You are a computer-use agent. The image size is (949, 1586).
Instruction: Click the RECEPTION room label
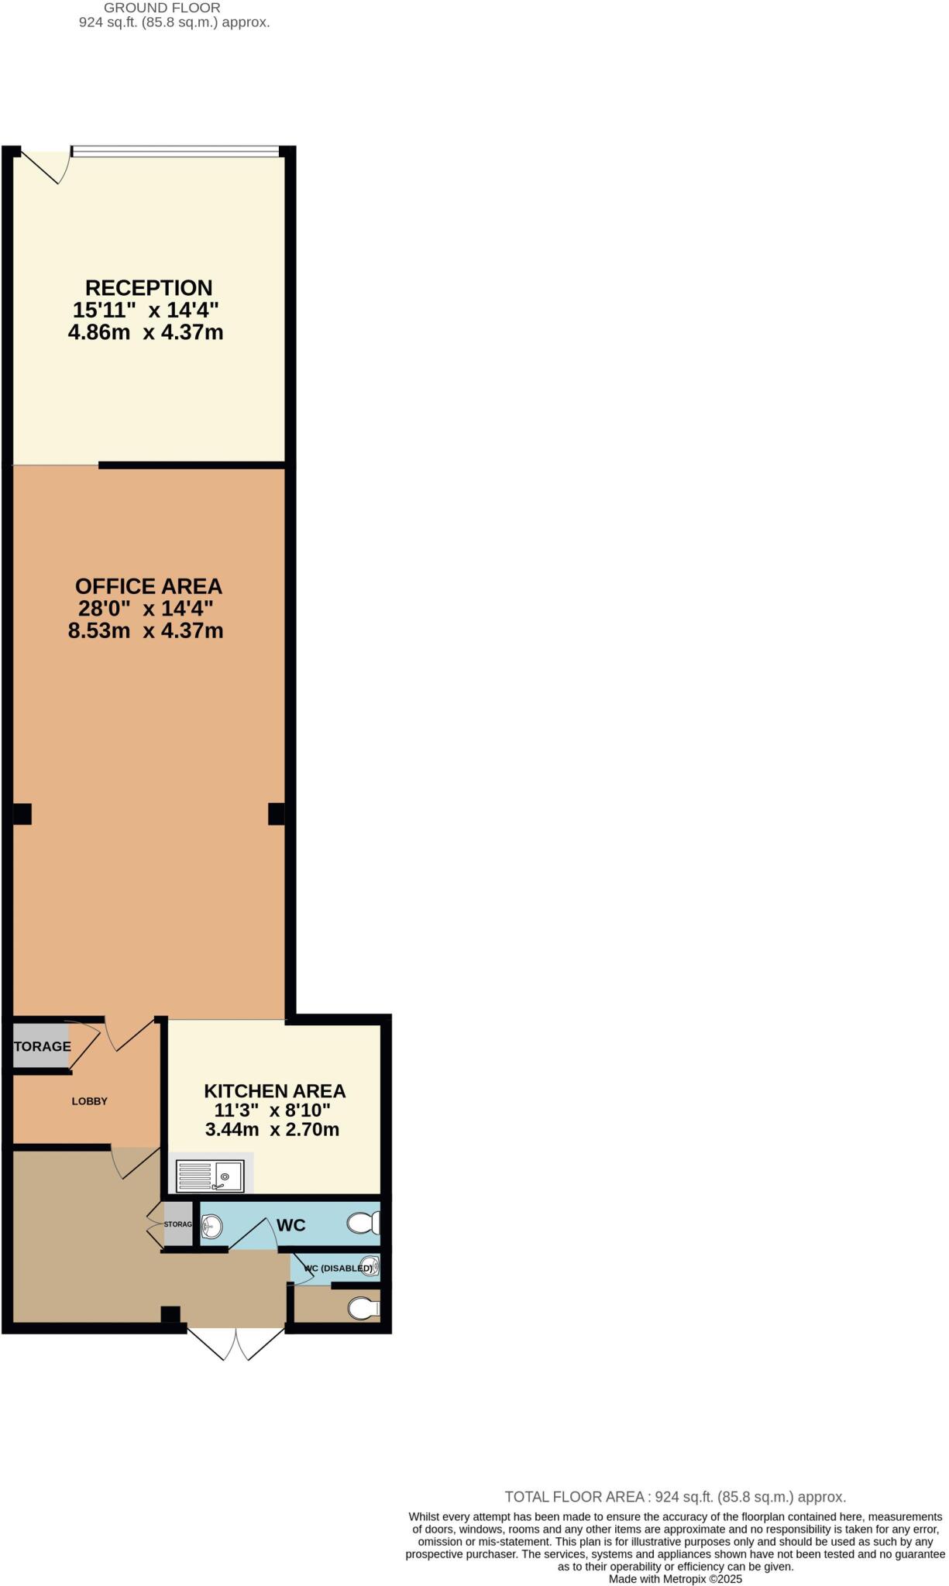pos(148,287)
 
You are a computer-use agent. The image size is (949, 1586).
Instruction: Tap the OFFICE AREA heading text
pos(148,586)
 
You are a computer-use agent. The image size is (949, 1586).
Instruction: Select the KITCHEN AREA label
pos(274,1091)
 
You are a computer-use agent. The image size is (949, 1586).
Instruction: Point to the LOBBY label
pos(89,1101)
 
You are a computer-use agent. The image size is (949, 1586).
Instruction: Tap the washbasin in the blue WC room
pos(211,1226)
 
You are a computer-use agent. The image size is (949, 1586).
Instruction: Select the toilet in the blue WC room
pos(363,1224)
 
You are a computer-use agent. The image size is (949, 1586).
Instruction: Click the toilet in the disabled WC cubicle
pos(363,1309)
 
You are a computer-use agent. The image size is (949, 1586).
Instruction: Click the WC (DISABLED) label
pos(338,1268)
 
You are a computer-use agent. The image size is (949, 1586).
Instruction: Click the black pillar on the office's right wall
pos(276,814)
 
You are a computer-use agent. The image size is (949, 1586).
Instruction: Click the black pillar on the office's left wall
pos(22,814)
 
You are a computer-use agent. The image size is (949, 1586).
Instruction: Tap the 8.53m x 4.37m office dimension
pos(146,631)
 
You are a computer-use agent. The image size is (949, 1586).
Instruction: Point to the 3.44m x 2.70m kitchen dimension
pos(272,1130)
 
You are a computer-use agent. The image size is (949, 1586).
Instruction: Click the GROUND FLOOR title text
pos(162,8)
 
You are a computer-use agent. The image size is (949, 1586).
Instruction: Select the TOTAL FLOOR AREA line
pos(675,1497)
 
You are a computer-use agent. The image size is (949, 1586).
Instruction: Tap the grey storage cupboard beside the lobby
pos(40,1046)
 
